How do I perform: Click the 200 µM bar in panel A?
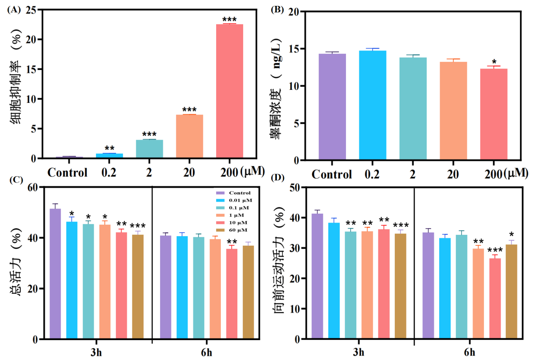tap(229, 91)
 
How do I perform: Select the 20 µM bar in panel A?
tap(189, 136)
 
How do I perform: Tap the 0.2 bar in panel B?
tap(373, 105)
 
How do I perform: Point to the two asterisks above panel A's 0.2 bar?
tap(110, 148)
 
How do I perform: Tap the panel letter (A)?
tap(13, 10)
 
